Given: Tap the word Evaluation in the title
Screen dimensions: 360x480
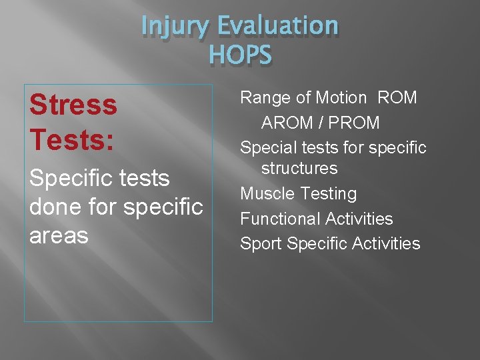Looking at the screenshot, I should [278, 26].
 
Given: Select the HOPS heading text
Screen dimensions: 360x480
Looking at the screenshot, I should [240, 54].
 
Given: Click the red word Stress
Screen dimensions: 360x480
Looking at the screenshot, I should [73, 105].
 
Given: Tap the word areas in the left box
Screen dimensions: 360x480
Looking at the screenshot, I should [59, 235].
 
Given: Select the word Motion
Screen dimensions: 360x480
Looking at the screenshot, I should [341, 98].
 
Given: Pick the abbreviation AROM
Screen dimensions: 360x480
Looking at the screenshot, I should [287, 123].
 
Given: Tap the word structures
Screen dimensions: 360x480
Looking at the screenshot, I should [299, 168].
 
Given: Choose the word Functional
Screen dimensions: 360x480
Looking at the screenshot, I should [280, 219].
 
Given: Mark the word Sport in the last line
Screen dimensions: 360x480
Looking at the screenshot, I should [261, 244].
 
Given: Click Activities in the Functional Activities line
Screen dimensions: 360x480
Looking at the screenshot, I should [359, 219].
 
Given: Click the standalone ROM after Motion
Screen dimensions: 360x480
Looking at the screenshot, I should [397, 98].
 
